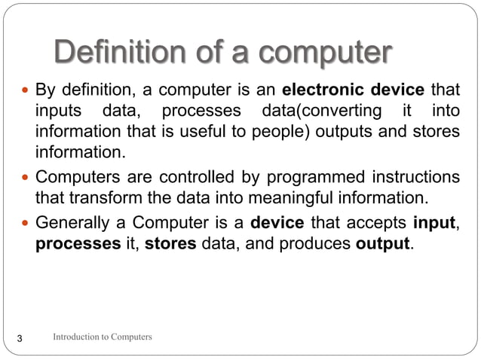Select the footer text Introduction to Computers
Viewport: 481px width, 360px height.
[x=102, y=337]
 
